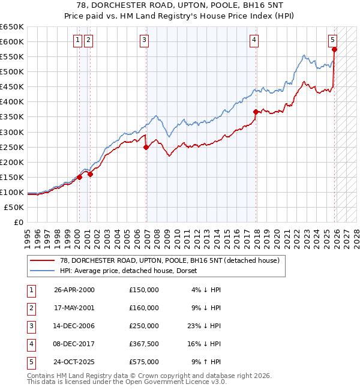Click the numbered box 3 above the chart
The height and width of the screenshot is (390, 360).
coord(145,40)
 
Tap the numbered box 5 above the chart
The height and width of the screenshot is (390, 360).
coord(332,40)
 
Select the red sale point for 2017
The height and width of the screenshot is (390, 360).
coord(256,112)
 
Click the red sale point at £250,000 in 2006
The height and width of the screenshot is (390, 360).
coord(146,147)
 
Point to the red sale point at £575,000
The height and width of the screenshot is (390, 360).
coord(334,50)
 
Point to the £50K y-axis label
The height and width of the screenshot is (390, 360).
coord(14,207)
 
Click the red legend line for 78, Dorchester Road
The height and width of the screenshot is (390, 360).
coord(43,260)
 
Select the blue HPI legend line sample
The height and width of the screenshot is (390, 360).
coord(43,271)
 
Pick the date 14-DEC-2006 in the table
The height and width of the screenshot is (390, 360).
coord(74,326)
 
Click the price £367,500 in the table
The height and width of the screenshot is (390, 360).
coord(144,344)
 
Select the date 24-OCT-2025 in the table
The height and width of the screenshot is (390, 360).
coord(74,362)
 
